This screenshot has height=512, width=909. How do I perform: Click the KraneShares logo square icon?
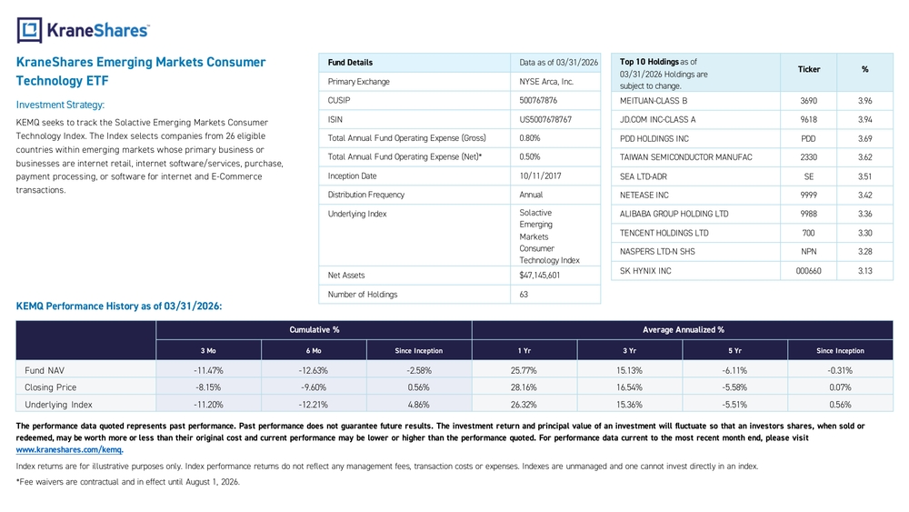30,30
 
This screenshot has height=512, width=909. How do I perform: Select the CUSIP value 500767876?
538,100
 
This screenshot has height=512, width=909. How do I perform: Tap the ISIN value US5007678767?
545,119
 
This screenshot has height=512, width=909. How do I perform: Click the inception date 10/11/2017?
540,176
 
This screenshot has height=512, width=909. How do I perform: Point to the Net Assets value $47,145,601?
540,276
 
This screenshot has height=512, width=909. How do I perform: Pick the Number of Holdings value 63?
524,295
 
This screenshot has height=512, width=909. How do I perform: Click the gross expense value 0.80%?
530,138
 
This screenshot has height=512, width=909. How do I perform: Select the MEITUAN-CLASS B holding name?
654,101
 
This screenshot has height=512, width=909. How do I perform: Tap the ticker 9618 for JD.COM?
809,119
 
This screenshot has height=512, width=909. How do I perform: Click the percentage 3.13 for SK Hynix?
865,271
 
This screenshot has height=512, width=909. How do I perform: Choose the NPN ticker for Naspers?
809,252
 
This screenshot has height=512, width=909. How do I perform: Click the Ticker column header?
809,70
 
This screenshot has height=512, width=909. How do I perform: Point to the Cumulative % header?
315,330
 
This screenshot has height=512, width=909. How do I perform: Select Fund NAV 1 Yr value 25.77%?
524,370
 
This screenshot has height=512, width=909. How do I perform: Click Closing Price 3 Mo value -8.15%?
208,387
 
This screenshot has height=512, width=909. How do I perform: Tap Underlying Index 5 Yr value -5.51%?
734,405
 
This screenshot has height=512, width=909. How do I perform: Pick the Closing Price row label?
50,387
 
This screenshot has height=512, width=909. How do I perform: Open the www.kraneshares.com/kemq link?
69,449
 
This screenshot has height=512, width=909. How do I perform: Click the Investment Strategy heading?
60,105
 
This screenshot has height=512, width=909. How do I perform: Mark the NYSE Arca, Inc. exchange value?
546,82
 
